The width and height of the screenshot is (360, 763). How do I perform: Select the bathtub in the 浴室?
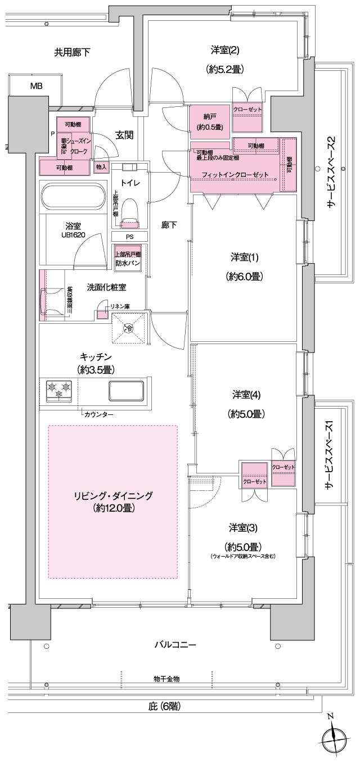(x=72, y=198)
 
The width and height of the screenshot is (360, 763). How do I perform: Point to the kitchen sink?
(x=126, y=390)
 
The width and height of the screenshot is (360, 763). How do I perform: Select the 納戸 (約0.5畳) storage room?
(x=209, y=120)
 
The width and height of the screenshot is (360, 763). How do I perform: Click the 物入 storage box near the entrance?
(x=101, y=167)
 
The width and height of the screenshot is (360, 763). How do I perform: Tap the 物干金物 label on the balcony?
(x=166, y=679)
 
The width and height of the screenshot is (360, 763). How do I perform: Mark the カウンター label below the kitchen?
(x=98, y=414)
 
